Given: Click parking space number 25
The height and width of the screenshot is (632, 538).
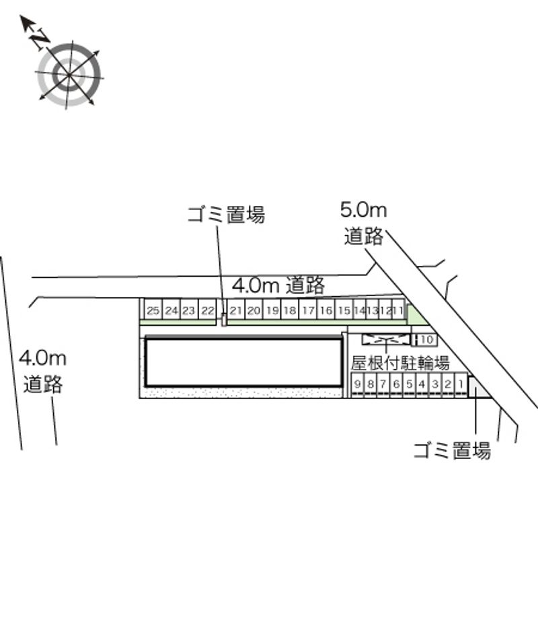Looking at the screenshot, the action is tap(153, 310).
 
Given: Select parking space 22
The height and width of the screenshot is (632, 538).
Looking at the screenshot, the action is tap(208, 310).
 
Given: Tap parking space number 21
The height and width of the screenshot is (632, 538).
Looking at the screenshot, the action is tap(235, 310).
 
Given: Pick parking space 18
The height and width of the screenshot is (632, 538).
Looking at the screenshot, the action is tap(290, 310).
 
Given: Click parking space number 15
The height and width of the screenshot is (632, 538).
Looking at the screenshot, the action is tap(344, 310).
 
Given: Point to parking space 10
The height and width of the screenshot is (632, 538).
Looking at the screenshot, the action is tap(428, 339).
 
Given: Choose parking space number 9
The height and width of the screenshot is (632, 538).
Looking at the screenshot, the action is tap(357, 384).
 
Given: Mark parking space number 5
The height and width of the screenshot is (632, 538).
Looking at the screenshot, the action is tap(409, 384).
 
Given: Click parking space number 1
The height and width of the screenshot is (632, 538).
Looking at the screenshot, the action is tap(460, 384).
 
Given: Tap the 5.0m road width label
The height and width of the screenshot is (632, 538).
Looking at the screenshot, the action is tap(363, 211).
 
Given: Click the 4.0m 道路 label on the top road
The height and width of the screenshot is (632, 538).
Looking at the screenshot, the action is tap(278, 285).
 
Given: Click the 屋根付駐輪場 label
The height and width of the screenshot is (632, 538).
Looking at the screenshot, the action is tap(400, 363).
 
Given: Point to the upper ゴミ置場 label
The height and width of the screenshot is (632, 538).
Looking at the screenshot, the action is tap(226, 215).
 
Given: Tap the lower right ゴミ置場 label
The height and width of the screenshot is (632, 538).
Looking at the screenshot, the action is tap(451, 451).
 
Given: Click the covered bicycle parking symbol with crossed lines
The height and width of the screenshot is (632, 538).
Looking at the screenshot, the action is tap(385, 339).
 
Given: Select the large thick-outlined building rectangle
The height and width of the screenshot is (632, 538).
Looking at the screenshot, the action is tap(243, 362).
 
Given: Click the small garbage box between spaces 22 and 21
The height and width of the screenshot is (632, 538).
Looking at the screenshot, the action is tap(224, 320).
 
